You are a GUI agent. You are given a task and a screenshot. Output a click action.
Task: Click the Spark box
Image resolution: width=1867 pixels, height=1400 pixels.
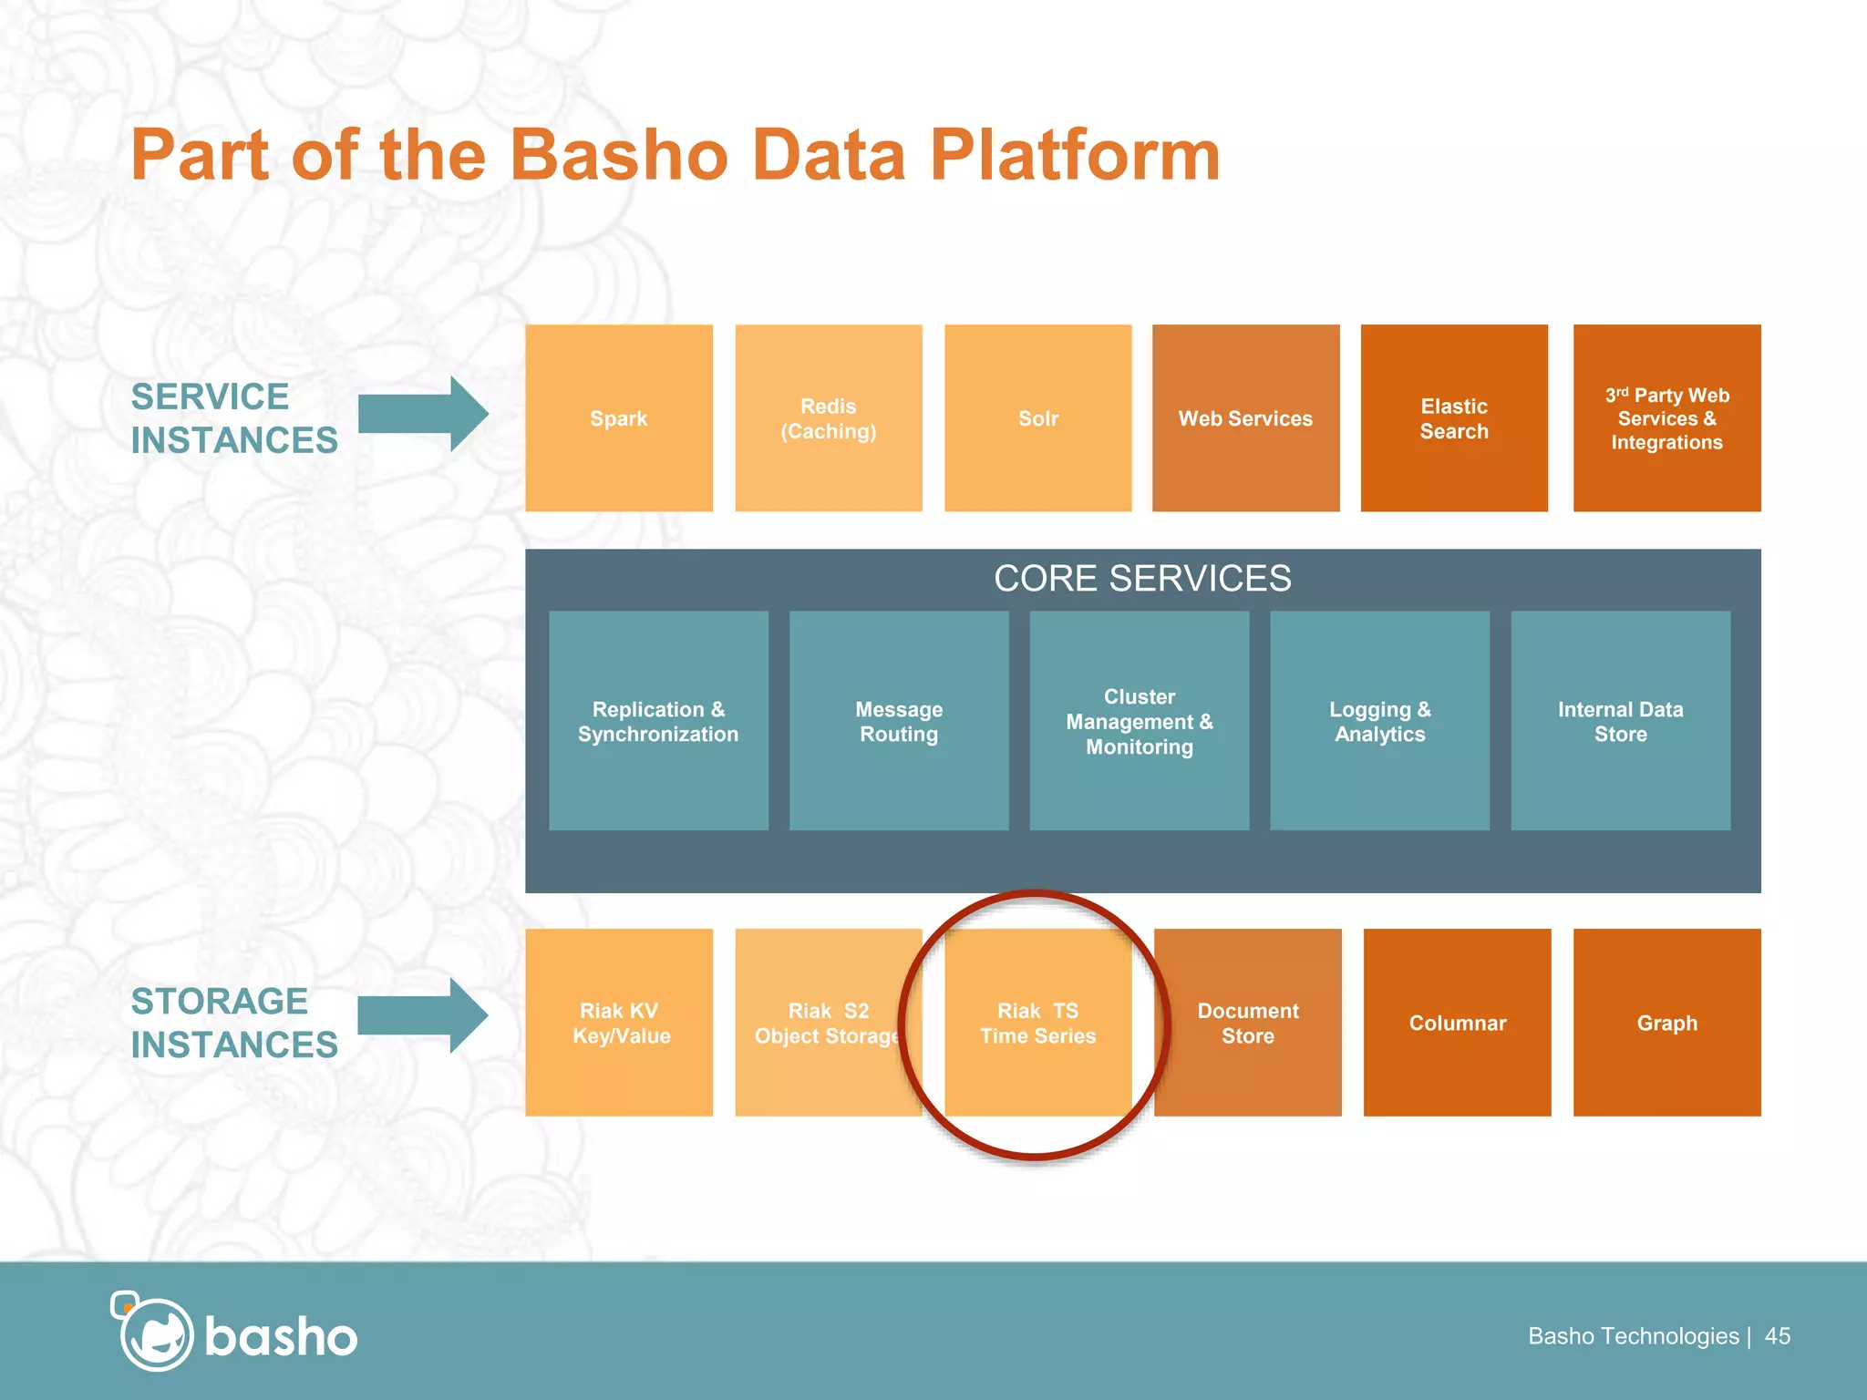pos(619,418)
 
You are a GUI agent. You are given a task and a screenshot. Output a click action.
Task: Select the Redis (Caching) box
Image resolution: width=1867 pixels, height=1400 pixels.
pos(828,418)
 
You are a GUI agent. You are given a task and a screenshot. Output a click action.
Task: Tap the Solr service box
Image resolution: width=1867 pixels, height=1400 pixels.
pos(1037,418)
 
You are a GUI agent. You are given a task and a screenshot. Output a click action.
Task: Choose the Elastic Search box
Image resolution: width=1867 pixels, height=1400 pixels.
pos(1454,418)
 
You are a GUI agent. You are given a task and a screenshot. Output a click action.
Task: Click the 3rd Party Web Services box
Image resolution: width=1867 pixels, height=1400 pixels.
pos(1666,418)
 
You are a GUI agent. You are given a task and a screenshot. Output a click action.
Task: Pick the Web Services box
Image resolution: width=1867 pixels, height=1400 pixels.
pos(1245,418)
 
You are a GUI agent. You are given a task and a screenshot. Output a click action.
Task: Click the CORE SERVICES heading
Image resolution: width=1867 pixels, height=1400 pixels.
pos(1142,579)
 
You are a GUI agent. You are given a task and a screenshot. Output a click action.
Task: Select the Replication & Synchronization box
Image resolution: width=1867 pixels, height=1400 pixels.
pos(658,721)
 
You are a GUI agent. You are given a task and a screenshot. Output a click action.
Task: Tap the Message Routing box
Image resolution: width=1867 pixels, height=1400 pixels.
pos(899,721)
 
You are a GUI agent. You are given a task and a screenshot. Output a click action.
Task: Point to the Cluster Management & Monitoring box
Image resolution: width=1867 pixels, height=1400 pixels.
pos(1140,721)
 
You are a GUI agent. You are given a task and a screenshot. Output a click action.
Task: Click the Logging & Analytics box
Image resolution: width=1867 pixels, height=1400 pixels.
pos(1379,721)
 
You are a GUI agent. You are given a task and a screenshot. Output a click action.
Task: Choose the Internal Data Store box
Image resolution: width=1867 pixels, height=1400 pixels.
pos(1620,721)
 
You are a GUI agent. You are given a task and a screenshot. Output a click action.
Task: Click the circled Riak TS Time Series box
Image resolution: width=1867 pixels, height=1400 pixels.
pos(1037,1023)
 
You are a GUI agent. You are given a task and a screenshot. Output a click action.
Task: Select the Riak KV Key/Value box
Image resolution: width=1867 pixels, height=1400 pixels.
pos(619,1023)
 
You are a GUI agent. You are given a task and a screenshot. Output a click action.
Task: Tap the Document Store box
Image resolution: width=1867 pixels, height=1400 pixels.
pos(1247,1023)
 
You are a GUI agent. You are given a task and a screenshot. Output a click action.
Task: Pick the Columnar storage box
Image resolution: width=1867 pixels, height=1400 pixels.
pos(1457,1023)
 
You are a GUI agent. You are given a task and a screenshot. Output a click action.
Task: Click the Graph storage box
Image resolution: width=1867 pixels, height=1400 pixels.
pos(1666,1023)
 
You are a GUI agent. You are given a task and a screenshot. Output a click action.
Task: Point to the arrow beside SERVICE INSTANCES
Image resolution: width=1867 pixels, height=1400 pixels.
pos(422,415)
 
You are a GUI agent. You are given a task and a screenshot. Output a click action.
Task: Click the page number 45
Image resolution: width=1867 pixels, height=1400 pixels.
pos(1777,1336)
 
